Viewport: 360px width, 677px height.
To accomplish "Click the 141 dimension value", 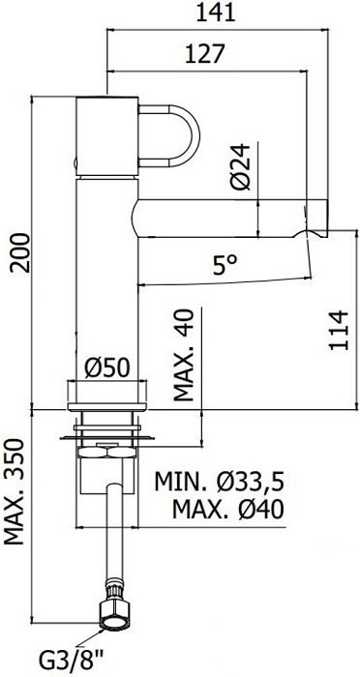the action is click(216, 13).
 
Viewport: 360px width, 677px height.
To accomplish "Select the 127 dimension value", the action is click(205, 54).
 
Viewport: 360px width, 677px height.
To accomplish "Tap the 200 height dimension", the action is click(21, 252).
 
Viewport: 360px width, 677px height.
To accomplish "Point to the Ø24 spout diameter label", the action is click(240, 166).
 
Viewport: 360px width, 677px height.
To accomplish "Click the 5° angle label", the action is click(225, 265).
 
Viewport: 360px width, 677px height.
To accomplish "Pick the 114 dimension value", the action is click(339, 330).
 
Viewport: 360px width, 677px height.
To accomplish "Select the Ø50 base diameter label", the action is click(106, 368).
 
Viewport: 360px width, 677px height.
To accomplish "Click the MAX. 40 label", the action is click(184, 355).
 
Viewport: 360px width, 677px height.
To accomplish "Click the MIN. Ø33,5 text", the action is click(220, 482).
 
